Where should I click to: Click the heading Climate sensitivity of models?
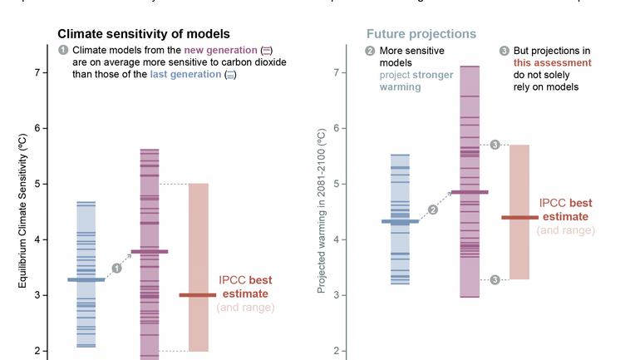[x=143, y=34]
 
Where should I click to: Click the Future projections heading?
[x=421, y=34]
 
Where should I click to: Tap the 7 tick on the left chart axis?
[x=37, y=72]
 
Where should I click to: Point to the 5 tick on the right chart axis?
[x=338, y=184]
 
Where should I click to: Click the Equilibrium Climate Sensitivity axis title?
[x=23, y=211]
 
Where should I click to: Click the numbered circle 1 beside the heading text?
[x=63, y=51]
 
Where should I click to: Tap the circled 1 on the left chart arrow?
[x=116, y=268]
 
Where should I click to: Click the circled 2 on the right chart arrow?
[x=432, y=210]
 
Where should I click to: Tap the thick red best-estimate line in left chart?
[x=198, y=295]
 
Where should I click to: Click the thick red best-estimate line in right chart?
[x=519, y=218]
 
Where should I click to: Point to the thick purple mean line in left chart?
[x=150, y=251]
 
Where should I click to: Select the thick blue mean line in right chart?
[x=400, y=221]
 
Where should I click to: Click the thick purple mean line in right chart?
[x=470, y=192]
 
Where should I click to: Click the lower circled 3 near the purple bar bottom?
[x=495, y=279]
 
